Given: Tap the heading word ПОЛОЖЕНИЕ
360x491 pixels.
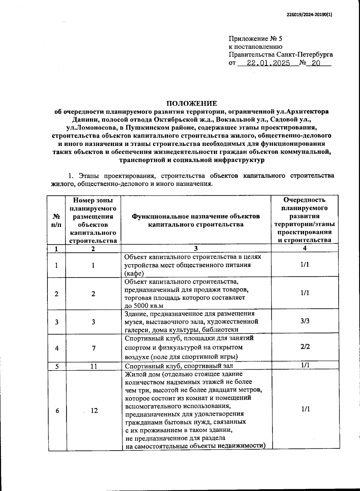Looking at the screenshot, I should [192, 104].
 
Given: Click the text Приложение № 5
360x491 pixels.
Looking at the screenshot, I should [256, 39].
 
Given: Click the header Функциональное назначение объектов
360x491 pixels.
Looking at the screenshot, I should [196, 216].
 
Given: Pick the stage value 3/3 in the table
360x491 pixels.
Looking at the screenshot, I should [305, 321].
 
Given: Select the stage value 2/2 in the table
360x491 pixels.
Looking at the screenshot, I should [305, 347].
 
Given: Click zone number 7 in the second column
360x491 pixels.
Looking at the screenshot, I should [94, 348].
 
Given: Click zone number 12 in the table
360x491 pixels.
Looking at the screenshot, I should [94, 411].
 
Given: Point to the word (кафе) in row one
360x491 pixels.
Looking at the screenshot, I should [134, 273].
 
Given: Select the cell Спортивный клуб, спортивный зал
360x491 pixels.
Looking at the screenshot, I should [179, 366].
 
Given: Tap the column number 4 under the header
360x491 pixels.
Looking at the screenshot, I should [305, 248].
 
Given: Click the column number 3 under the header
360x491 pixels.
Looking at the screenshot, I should [196, 248].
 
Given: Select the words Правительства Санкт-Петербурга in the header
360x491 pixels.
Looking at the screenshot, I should [280, 55].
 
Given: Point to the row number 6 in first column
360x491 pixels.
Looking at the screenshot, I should [57, 411].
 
